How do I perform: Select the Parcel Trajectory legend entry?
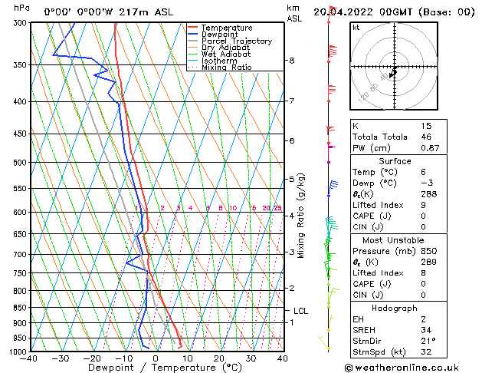pos(236,41)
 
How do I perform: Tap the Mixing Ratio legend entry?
pos(226,68)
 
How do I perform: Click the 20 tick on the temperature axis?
pos(219,358)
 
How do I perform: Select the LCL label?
pos(301,311)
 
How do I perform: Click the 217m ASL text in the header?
pos(139,12)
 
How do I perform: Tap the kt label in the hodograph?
pos(356,27)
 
